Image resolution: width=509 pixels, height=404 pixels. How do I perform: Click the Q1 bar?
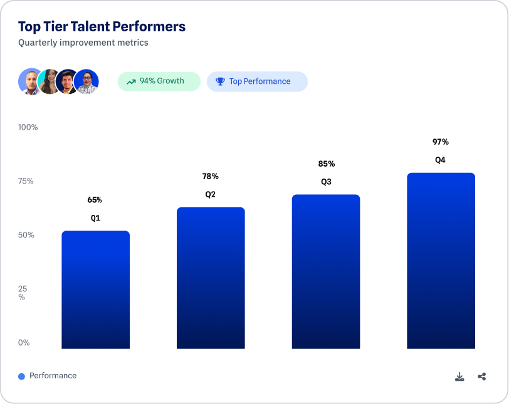click(x=95, y=289)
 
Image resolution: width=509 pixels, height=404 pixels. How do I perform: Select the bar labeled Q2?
click(x=211, y=277)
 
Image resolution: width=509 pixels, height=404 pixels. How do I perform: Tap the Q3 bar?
click(x=326, y=271)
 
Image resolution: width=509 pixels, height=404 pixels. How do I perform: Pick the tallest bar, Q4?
click(x=441, y=261)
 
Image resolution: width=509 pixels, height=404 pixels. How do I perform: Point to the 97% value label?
click(x=441, y=142)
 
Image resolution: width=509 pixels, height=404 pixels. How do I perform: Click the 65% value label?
click(x=95, y=200)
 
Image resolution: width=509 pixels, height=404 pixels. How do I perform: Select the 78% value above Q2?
click(x=211, y=176)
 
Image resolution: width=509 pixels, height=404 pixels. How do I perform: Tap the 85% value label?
click(x=326, y=163)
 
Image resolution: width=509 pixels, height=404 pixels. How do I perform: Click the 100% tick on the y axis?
click(x=28, y=127)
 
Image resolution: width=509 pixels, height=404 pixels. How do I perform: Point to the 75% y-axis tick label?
click(x=26, y=181)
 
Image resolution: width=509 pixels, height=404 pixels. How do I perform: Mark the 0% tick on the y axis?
click(x=24, y=343)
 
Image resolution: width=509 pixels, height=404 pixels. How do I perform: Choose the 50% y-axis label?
click(x=26, y=235)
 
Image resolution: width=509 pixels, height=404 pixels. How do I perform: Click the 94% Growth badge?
click(x=159, y=81)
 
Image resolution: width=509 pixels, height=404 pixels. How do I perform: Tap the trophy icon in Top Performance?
click(x=220, y=81)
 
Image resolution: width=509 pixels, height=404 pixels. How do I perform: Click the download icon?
click(x=459, y=376)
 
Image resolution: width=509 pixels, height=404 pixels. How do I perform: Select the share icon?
click(x=482, y=376)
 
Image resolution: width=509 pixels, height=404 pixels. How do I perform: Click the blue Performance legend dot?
click(x=21, y=376)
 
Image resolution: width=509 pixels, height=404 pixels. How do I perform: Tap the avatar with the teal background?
click(x=49, y=81)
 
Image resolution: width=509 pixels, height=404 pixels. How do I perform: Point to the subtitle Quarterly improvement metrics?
click(x=83, y=43)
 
